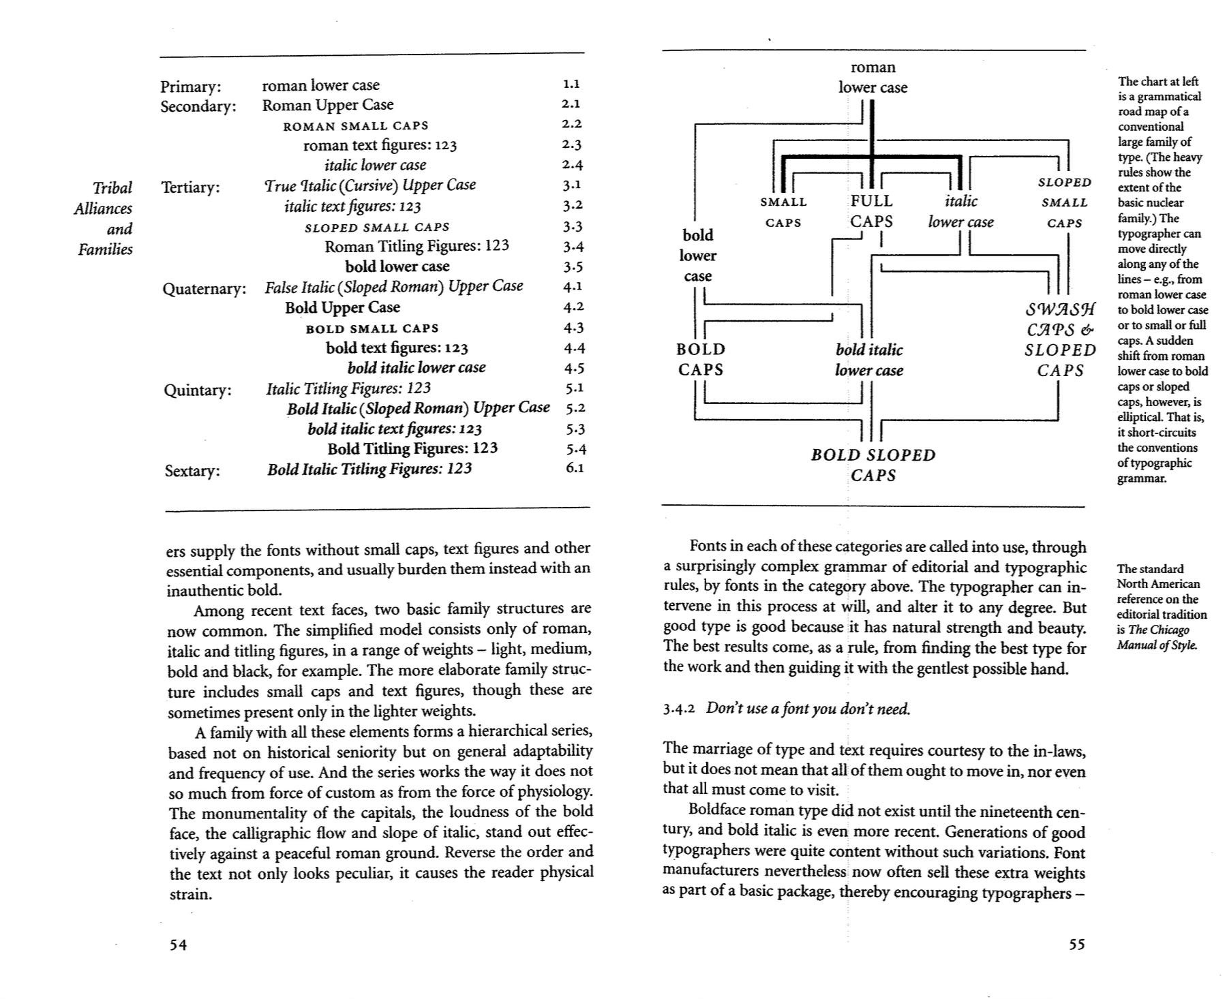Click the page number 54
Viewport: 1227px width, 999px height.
[x=178, y=944]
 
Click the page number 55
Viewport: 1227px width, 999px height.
[x=1076, y=944]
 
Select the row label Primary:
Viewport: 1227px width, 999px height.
[x=191, y=87]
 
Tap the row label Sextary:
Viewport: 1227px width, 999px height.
[x=192, y=471]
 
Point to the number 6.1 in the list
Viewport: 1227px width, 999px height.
[x=575, y=468]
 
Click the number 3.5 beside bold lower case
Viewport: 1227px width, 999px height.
[x=573, y=267]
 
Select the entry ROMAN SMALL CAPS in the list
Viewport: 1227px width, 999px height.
[x=356, y=126]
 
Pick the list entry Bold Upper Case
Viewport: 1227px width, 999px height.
[x=342, y=307]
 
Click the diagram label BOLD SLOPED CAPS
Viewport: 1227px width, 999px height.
[x=873, y=465]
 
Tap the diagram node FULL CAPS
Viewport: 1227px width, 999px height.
[x=871, y=211]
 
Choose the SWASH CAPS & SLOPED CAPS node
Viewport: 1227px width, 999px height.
[x=1061, y=340]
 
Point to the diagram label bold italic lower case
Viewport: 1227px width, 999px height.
[x=869, y=360]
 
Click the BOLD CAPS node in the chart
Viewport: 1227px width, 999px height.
[x=701, y=359]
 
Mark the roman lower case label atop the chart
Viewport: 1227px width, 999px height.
[x=873, y=77]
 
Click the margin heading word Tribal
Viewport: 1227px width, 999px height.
[x=112, y=188]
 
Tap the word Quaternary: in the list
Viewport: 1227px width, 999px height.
[x=204, y=288]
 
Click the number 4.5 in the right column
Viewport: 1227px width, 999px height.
[x=574, y=368]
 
